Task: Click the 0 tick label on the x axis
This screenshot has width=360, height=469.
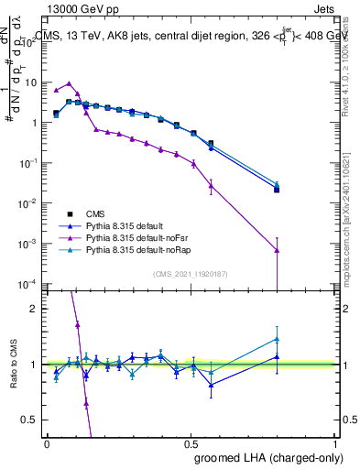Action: (x=46, y=443)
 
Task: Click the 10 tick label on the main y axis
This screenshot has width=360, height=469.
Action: (x=31, y=82)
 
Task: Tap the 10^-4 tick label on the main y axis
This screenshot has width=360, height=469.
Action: (x=29, y=284)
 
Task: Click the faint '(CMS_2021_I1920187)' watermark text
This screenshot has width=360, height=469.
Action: (x=190, y=274)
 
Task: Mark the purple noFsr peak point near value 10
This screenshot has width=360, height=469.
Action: (x=69, y=83)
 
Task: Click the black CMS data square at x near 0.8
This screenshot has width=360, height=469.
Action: (x=277, y=190)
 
